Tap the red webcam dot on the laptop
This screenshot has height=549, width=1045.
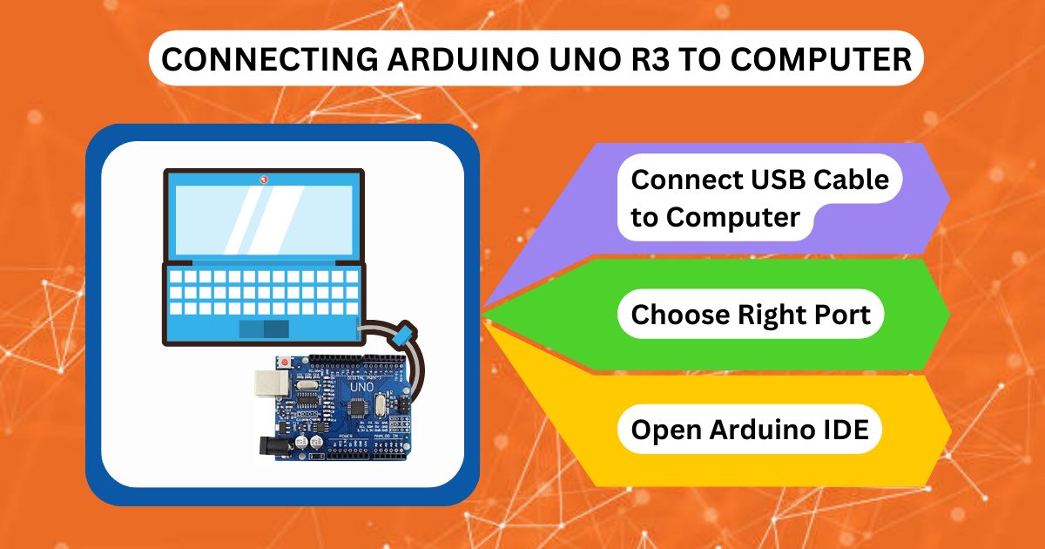[x=263, y=180]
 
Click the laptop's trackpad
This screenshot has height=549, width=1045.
[x=265, y=329]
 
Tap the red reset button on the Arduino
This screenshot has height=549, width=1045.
[x=284, y=361]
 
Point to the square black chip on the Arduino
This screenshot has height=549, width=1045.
[x=357, y=407]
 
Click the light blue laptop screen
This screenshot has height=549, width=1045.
[x=263, y=218]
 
